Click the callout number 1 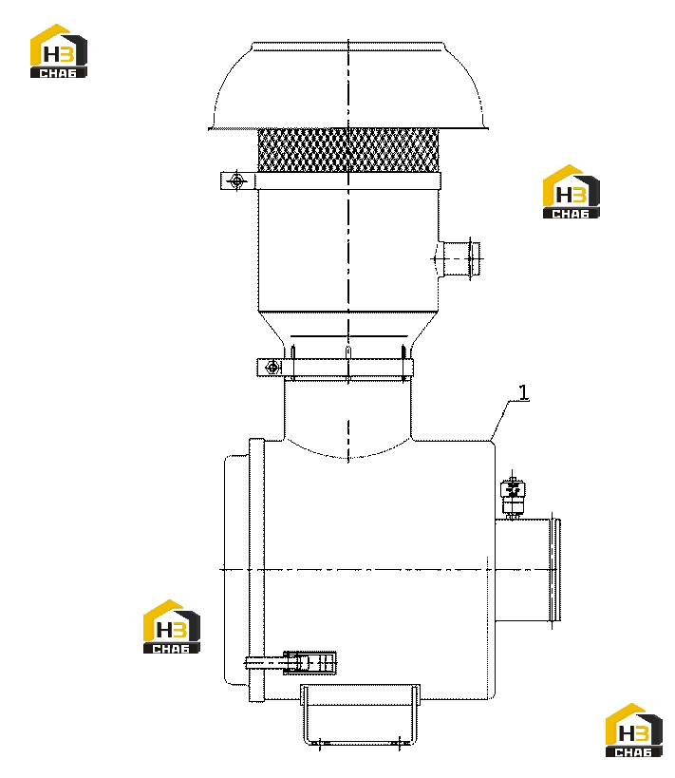[x=524, y=392]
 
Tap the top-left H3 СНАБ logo [x=59, y=50]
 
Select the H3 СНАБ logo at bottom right [x=634, y=730]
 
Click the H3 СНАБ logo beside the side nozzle [x=572, y=192]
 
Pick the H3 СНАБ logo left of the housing [x=172, y=627]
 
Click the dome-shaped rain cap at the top [x=348, y=85]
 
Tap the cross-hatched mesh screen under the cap [x=348, y=150]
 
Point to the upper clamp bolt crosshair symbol [x=237, y=181]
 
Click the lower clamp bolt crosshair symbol [x=272, y=368]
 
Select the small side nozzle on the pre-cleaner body [x=459, y=259]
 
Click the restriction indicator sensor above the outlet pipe [x=513, y=495]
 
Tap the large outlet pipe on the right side [x=528, y=570]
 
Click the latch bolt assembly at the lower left [x=291, y=663]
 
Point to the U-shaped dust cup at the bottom [x=360, y=714]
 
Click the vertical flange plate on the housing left [x=256, y=570]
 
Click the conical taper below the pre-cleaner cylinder [x=348, y=329]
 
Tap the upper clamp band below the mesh [x=330, y=181]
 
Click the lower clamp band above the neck [x=335, y=368]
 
